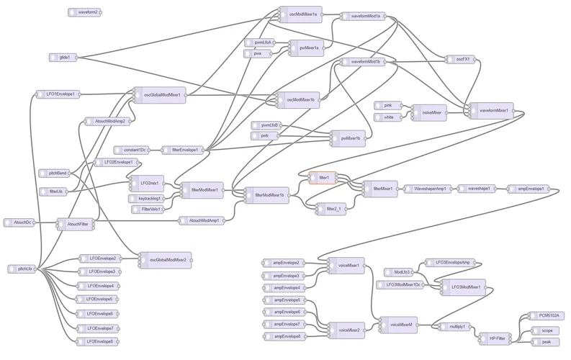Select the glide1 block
coord(64,57)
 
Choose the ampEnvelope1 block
coord(526,189)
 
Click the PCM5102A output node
coord(550,316)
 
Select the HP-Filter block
coord(498,336)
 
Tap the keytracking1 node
coord(148,198)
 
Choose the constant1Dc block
coord(134,150)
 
